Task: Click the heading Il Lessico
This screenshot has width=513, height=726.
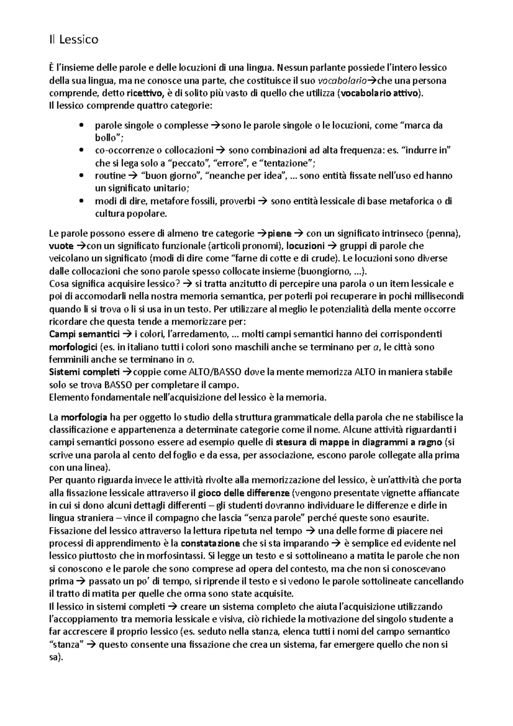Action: (74, 40)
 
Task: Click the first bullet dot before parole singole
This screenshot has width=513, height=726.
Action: (81, 126)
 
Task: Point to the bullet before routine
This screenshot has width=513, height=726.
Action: (81, 176)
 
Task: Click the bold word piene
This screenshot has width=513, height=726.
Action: (279, 233)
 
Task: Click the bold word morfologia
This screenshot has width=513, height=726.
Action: (83, 417)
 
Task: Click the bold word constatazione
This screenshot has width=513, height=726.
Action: (210, 543)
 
